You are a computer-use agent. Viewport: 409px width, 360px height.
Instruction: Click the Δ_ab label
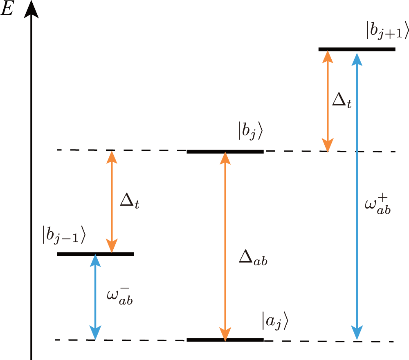click(x=253, y=260)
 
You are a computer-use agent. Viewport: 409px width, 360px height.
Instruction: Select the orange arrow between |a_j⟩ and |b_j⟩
click(x=225, y=245)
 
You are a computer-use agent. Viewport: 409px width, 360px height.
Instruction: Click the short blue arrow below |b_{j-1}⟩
click(x=95, y=297)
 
